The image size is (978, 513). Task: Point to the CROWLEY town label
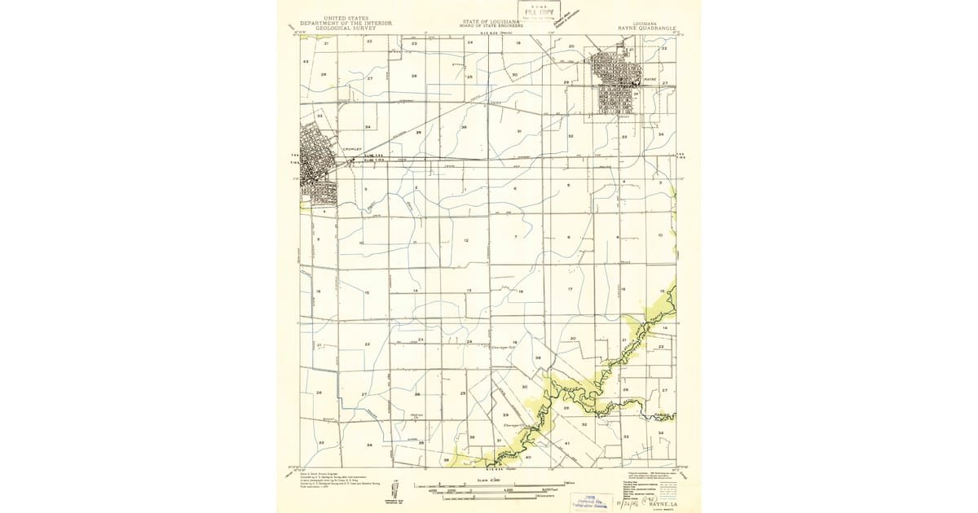pyautogui.click(x=351, y=149)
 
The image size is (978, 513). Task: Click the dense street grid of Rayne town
pyautogui.click(x=619, y=81)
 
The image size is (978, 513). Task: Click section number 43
pyautogui.click(x=306, y=62)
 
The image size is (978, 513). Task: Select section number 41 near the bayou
pyautogui.click(x=566, y=442)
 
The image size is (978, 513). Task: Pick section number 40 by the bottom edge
pyautogui.click(x=528, y=457)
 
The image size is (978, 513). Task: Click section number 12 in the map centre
pyautogui.click(x=466, y=240)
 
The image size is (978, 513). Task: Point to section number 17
pyautogui.click(x=570, y=289)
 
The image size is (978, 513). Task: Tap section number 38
pyautogui.click(x=537, y=357)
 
